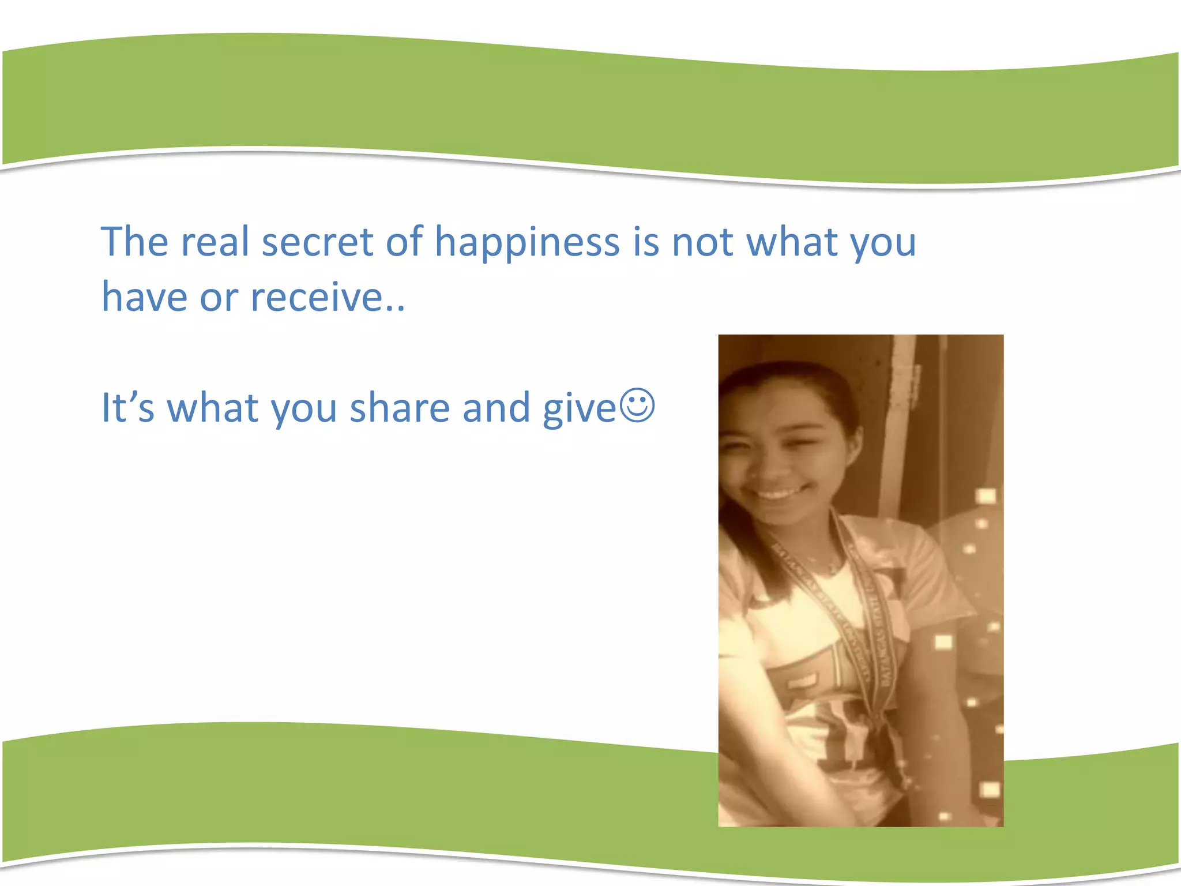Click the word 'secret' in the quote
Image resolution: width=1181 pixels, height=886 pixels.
[x=317, y=242]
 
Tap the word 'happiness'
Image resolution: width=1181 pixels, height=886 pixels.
[x=526, y=243]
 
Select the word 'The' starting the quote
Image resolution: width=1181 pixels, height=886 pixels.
[x=134, y=242]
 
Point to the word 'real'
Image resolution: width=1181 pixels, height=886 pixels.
[x=215, y=242]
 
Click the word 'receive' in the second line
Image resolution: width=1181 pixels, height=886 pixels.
[x=317, y=297]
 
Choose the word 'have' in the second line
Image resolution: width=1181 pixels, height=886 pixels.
[x=144, y=297]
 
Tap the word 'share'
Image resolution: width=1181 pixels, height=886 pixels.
[x=399, y=408]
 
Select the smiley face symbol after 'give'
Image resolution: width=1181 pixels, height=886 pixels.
[x=637, y=406]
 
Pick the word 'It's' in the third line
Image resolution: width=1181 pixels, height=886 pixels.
[x=128, y=408]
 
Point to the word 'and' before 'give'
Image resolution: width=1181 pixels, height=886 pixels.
[x=496, y=408]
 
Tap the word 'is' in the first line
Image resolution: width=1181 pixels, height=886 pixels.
[x=646, y=242]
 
